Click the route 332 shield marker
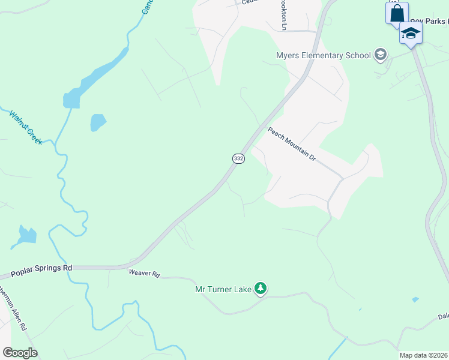[238, 158]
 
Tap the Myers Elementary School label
[323, 56]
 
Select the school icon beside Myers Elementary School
[379, 56]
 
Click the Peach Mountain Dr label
[292, 145]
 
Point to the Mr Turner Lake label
[223, 289]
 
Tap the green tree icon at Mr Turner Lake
[261, 289]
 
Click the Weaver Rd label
[145, 274]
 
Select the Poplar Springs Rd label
[41, 271]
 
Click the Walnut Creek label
[25, 127]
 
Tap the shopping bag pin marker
[396, 13]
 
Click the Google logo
[20, 353]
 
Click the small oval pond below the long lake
[97, 122]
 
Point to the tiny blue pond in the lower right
[415, 299]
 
